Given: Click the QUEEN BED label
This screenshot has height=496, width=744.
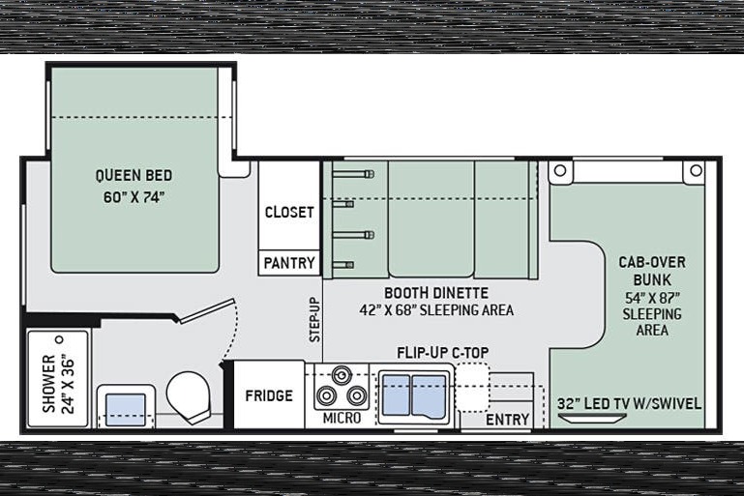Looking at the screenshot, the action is point(134,175).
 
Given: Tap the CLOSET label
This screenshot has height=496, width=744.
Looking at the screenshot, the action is point(289,212).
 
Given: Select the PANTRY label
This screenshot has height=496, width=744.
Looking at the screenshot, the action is point(289,263).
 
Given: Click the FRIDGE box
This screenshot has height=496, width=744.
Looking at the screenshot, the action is point(269,395).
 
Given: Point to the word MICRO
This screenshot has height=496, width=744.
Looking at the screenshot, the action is point(342,418).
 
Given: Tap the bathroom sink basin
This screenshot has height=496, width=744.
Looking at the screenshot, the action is point(125,410).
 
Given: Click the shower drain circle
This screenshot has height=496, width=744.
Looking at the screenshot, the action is point(60,339).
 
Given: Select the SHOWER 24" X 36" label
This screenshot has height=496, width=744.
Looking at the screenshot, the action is point(59,384).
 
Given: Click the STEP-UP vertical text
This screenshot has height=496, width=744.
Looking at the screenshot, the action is point(314,320).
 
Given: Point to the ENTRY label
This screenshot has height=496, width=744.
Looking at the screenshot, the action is point(507,420).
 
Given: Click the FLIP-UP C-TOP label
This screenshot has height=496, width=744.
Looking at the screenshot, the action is point(443,353).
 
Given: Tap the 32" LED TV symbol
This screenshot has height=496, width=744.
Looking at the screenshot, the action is point(592,418).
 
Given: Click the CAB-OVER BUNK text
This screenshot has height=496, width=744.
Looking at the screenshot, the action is point(652,271).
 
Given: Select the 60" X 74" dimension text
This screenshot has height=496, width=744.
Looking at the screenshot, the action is point(134,197).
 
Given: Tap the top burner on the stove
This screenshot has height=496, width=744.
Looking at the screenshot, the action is point(342,375).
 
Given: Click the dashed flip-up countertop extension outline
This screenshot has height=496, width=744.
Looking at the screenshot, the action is point(472,387).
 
